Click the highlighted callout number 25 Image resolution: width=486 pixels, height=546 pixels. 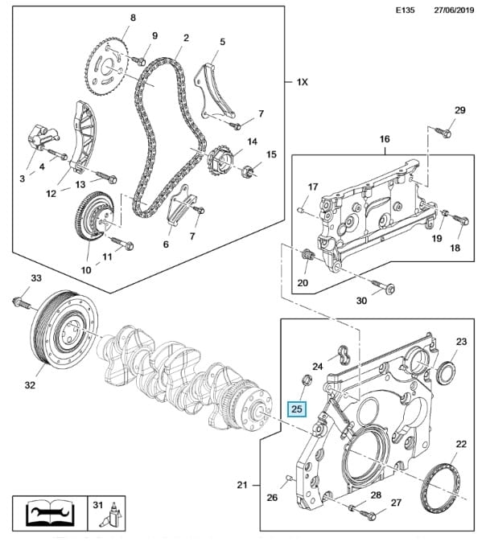tap(296, 408)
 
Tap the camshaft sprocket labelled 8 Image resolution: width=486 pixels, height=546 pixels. tap(107, 66)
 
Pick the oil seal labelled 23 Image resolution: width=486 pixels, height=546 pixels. tap(446, 373)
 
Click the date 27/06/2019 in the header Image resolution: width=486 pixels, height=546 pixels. tap(454, 10)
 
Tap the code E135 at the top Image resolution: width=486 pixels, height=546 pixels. tap(406, 10)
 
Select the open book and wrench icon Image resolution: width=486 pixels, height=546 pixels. tap(51, 513)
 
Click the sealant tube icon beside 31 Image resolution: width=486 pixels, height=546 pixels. tap(113, 516)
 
